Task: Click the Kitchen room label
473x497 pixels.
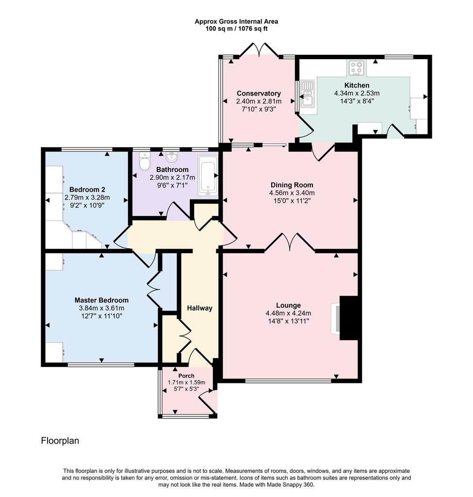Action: (357, 85)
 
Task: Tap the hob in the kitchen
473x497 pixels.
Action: (356, 68)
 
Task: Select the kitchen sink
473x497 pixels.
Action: (307, 93)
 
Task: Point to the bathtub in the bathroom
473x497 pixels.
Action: (208, 175)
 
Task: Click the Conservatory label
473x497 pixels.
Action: (259, 94)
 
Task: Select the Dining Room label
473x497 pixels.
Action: (292, 185)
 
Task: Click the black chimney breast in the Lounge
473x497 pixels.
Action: (348, 318)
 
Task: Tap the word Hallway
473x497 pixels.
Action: (199, 308)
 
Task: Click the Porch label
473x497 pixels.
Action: (186, 376)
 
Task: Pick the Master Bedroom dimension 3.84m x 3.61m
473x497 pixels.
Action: (101, 308)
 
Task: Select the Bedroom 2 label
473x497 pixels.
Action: (87, 190)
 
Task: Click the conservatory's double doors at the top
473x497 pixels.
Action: (260, 50)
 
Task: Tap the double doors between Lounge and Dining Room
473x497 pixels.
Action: (290, 243)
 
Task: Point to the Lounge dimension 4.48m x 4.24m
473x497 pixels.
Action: (288, 313)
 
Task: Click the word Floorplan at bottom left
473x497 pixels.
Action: (60, 441)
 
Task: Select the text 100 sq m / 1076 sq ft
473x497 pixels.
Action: (236, 29)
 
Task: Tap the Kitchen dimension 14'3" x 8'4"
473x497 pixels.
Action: (357, 101)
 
